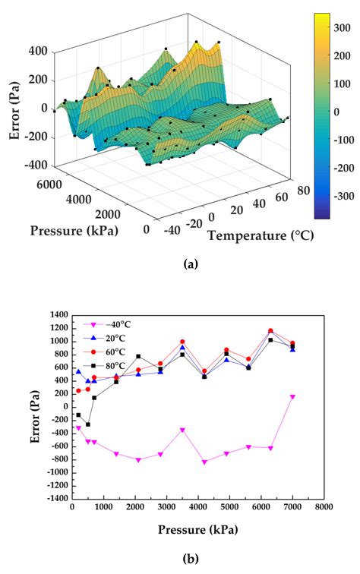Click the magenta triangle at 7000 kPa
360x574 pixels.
(x=292, y=397)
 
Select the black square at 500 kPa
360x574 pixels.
(x=88, y=424)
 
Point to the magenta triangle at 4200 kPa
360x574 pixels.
(x=204, y=462)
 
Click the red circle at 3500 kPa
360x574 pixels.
(x=182, y=342)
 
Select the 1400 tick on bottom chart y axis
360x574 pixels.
(x=58, y=314)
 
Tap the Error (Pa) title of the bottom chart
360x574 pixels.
(x=28, y=406)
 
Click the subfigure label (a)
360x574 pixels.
(x=191, y=263)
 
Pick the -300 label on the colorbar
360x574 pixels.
(x=346, y=196)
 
